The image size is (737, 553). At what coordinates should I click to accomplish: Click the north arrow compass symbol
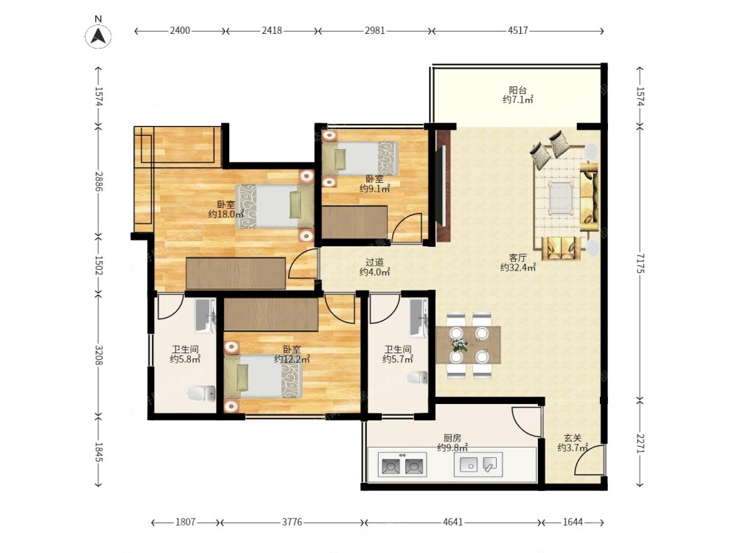pos(98,35)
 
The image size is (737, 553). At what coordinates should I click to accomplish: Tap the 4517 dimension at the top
pos(517,30)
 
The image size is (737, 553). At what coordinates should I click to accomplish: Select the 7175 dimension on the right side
pos(640,263)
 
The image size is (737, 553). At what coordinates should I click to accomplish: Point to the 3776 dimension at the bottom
pos(291,522)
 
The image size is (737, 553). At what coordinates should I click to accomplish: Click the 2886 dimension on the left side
pos(99,181)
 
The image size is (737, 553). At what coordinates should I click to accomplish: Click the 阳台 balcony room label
pos(517,90)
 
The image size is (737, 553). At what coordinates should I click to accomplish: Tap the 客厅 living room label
pos(517,257)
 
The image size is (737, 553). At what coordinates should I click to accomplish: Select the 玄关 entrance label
pos(573,438)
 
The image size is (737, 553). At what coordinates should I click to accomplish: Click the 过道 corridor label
pos(374,262)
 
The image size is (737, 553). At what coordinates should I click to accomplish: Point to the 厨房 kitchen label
pos(453,438)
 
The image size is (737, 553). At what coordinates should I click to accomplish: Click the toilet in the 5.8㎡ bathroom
pos(202,393)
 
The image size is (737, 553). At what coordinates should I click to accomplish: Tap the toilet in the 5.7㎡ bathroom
pos(417,378)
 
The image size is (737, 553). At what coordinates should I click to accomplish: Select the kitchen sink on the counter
pos(478,465)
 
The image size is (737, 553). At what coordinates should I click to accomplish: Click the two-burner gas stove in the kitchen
pos(402,465)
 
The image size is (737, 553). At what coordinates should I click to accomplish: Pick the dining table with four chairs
pos(468,345)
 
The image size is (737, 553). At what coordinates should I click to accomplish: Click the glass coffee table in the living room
pos(561,198)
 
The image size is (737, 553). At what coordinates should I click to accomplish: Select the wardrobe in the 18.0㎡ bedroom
pos(236,274)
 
